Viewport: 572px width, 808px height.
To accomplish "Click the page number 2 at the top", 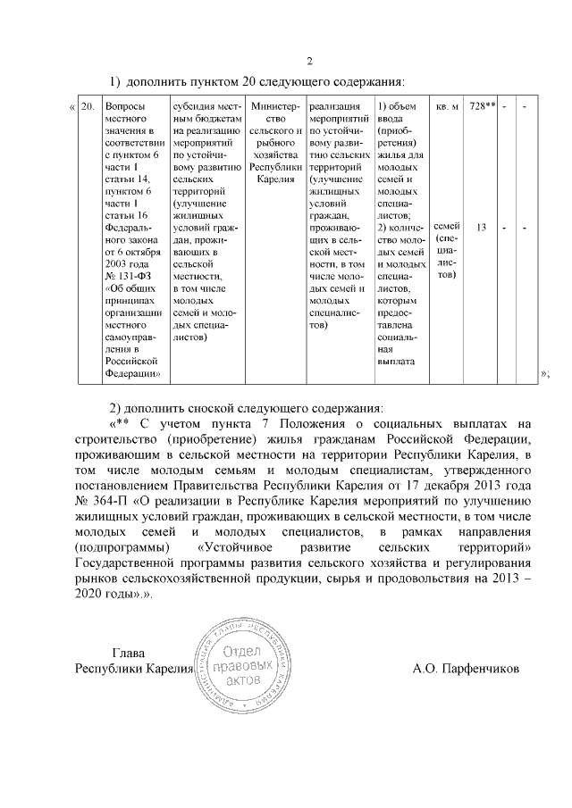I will (309, 61).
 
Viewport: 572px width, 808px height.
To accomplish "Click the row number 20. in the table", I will (88, 106).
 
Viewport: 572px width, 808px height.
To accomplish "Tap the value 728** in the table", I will (483, 106).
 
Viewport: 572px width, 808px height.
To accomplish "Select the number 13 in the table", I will (481, 228).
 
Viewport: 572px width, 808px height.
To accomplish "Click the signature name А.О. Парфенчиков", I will (466, 668).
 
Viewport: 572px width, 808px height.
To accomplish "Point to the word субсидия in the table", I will (198, 106).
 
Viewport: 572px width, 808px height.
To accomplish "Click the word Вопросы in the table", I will (123, 106).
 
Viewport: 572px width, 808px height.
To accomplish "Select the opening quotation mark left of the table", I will (71, 107).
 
